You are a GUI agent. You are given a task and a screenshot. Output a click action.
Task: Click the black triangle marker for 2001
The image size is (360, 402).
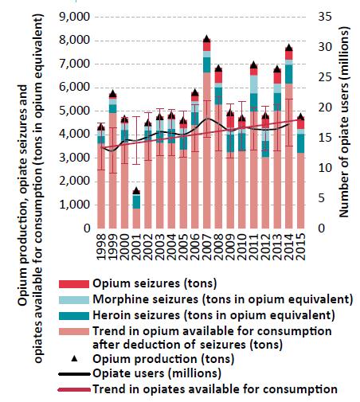pos(136,191)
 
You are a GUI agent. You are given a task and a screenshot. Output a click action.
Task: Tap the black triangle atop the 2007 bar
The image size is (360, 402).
pos(207,38)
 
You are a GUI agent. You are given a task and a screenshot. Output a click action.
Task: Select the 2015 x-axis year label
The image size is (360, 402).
pos(300,247)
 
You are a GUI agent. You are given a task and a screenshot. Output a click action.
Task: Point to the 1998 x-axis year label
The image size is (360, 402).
pos(101,247)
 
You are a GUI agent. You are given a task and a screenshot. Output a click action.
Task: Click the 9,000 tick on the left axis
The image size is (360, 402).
pos(75,17)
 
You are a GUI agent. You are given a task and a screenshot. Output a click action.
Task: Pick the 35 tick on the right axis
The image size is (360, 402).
pos(325,17)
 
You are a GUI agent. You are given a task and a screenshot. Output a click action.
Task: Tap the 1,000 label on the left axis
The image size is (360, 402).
pos(75,205)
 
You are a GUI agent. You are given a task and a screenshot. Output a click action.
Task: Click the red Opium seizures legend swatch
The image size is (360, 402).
pos(74,284)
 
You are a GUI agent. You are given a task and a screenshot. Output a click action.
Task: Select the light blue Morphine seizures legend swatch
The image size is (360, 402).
pos(74,300)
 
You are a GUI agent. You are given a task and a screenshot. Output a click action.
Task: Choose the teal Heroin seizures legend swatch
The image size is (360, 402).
pos(74,316)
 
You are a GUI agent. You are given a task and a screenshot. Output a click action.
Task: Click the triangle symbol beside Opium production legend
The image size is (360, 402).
pos(75,359)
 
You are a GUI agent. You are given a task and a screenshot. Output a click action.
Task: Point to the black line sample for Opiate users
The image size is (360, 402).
pos(74,374)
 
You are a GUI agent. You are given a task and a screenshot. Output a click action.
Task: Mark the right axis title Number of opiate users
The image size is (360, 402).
pos(344,122)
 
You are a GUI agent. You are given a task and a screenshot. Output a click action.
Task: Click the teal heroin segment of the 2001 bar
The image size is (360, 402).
pos(136,202)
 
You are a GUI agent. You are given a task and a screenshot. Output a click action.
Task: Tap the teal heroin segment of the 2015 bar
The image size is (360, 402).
pos(300,143)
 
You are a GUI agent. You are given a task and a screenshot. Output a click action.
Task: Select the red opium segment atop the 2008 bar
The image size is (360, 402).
pos(218,77)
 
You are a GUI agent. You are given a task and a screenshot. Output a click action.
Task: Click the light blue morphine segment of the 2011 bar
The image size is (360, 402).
pos(254,84)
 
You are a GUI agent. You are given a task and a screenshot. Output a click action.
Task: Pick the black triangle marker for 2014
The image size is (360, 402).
pos(289,48)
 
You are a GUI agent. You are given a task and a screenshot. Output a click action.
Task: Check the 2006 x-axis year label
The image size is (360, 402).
pos(195,247)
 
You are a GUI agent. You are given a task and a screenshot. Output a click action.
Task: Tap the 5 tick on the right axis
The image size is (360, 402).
pos(321,198)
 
